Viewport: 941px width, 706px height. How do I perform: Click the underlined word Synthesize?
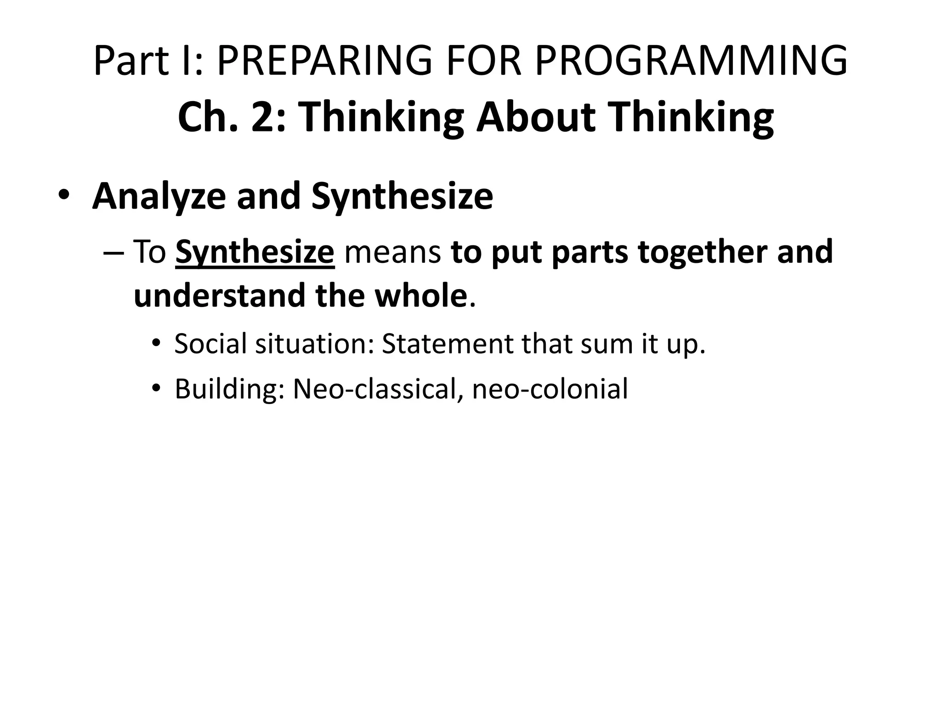click(255, 252)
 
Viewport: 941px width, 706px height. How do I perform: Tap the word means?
click(393, 252)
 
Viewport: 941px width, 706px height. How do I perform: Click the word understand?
click(220, 296)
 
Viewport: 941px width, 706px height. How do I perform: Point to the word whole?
click(421, 296)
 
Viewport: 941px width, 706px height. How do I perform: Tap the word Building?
click(230, 389)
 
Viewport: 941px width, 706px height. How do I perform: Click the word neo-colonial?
click(550, 389)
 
